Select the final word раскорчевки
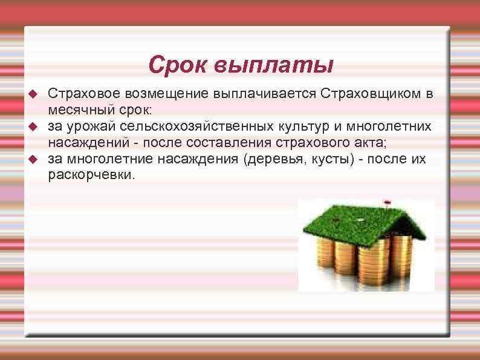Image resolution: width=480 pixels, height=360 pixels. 92,175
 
